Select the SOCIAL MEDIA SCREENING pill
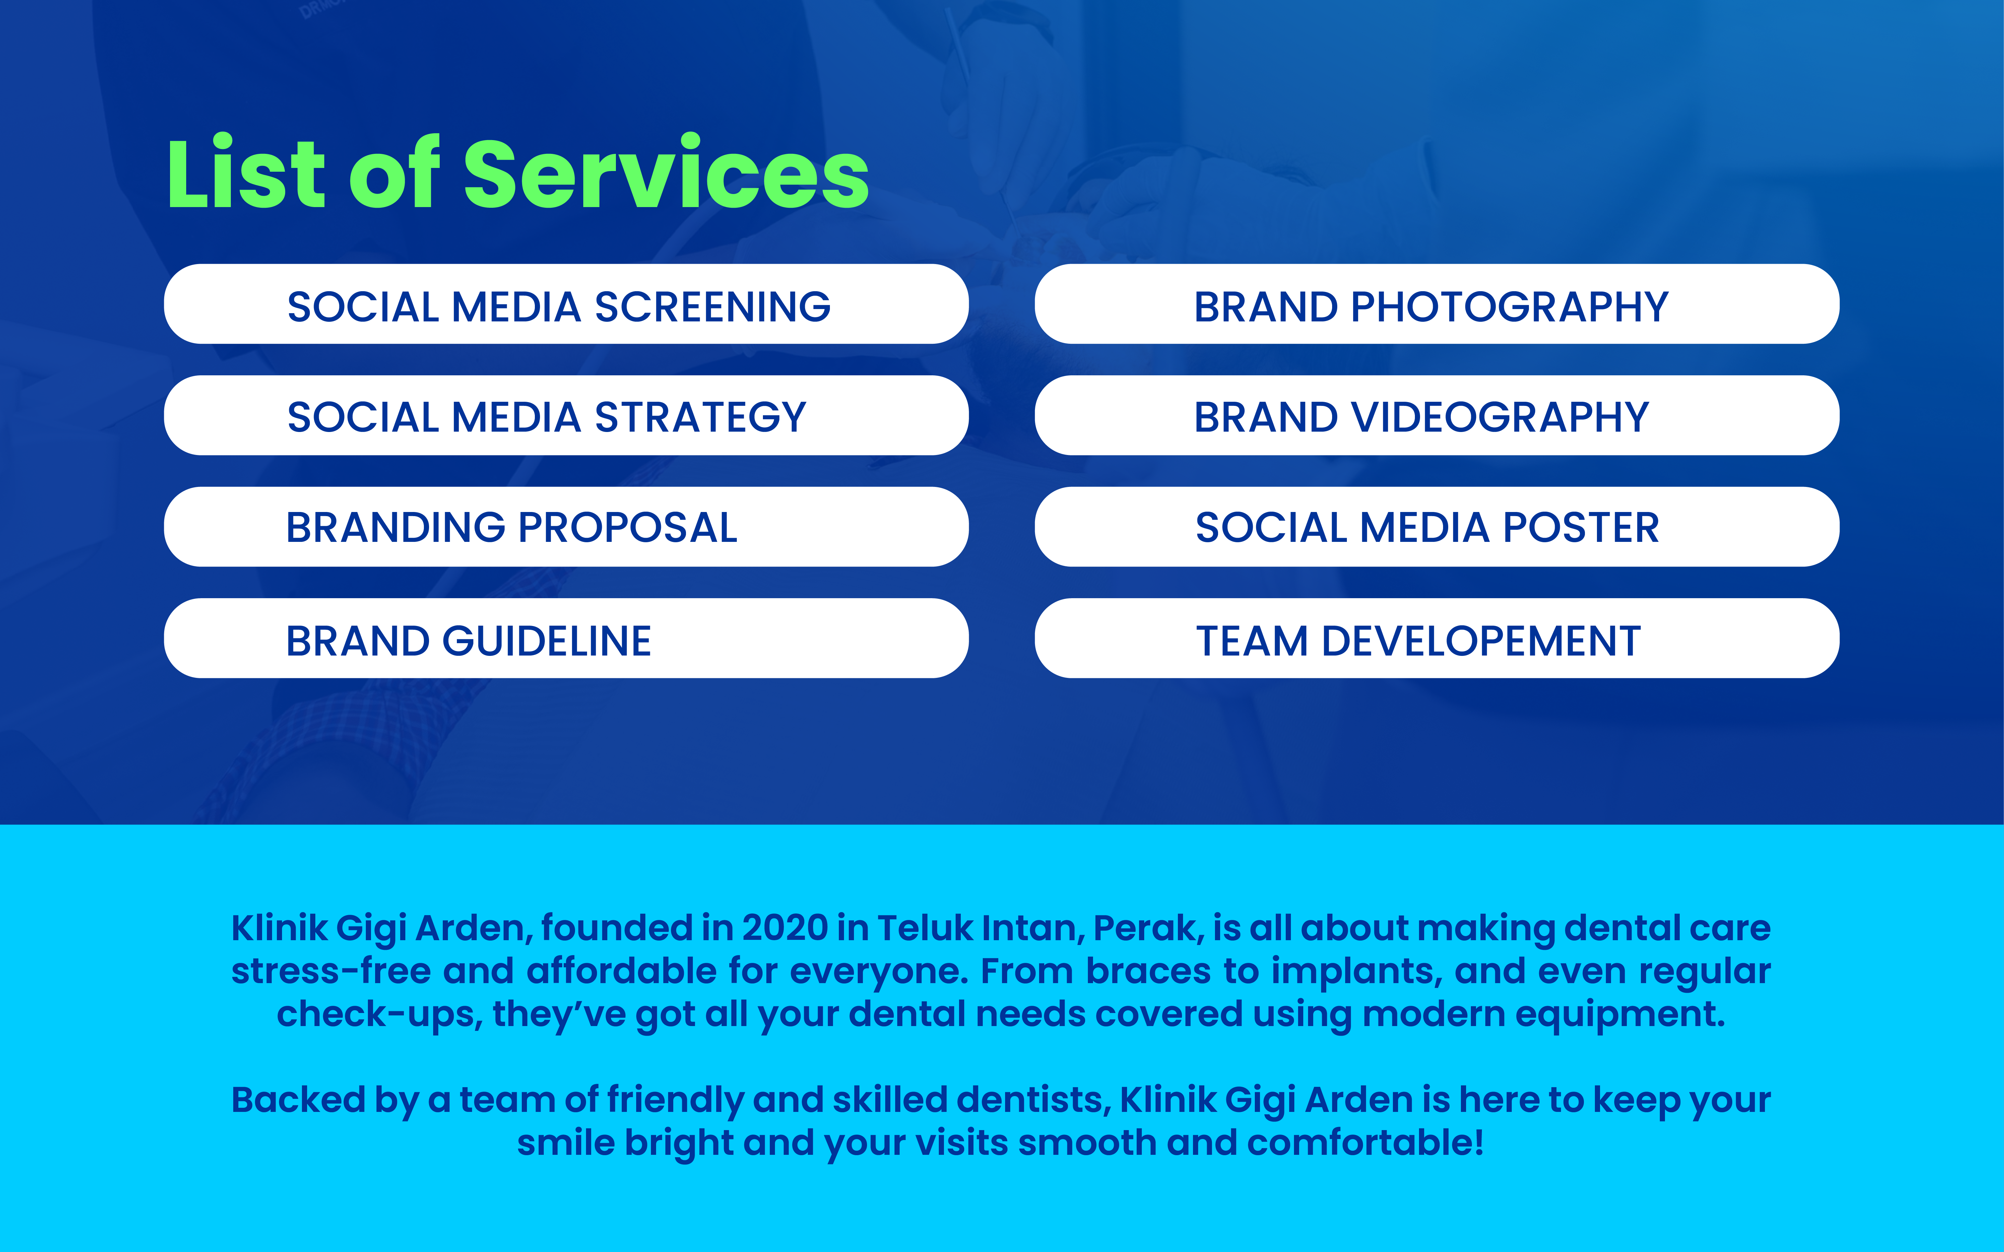[566, 304]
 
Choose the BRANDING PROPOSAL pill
[566, 527]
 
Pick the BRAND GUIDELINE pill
[566, 638]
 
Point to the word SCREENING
[713, 306]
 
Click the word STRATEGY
[700, 417]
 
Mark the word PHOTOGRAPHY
[1510, 306]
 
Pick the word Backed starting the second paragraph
[298, 1100]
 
